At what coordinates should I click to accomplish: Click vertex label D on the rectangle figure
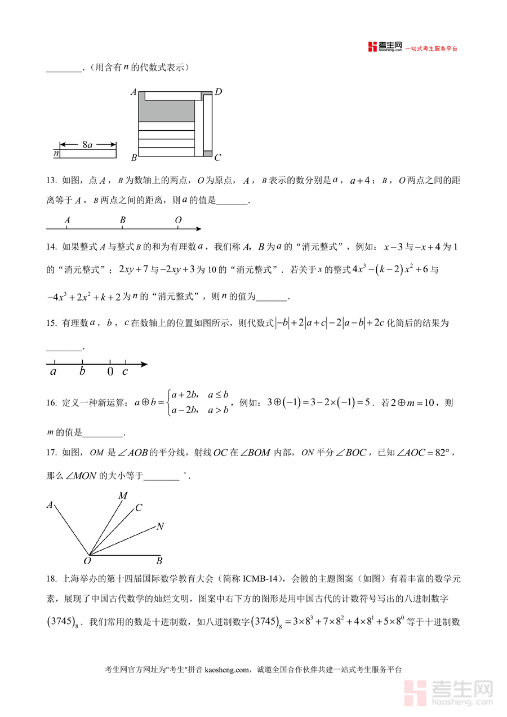[x=218, y=91]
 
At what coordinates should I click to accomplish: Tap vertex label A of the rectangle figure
[x=134, y=92]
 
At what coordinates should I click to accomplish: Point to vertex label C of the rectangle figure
[x=217, y=157]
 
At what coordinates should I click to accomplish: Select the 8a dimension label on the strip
[x=87, y=145]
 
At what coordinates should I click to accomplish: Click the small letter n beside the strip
[x=56, y=153]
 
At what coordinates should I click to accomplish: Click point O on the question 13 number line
[x=178, y=220]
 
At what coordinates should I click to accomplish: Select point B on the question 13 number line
[x=122, y=220]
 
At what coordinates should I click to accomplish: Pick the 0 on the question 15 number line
[x=110, y=371]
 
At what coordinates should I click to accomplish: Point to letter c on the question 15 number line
[x=125, y=371]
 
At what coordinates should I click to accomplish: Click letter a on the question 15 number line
[x=54, y=371]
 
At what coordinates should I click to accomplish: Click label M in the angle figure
[x=123, y=495]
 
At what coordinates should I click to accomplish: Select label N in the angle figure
[x=160, y=526]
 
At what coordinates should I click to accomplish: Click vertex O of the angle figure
[x=87, y=560]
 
